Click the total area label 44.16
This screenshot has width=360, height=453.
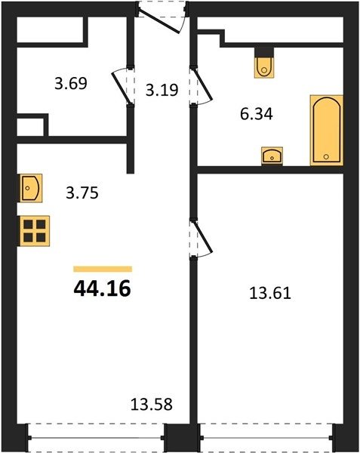tap(102, 289)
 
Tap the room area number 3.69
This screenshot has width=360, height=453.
tap(71, 84)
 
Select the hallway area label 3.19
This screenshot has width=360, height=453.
tap(162, 90)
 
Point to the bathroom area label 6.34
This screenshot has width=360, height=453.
tap(257, 114)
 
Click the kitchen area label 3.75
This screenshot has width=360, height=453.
tap(82, 193)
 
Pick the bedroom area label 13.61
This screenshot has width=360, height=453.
tap(270, 293)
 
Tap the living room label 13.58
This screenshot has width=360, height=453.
tap(152, 404)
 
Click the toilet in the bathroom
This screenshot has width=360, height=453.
tap(264, 67)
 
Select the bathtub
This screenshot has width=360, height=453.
tap(327, 131)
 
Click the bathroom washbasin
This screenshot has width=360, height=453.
tap(272, 156)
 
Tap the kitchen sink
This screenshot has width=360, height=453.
tap(31, 188)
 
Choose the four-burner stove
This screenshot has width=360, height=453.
tap(35, 231)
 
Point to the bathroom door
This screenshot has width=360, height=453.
tap(202, 86)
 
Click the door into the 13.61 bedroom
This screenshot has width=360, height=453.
tap(202, 238)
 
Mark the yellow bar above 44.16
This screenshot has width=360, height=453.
tap(103, 269)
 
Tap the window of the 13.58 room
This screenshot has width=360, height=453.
tap(97, 438)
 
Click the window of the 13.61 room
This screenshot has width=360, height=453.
tap(266, 438)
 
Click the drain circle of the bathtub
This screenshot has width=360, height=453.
tap(326, 156)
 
